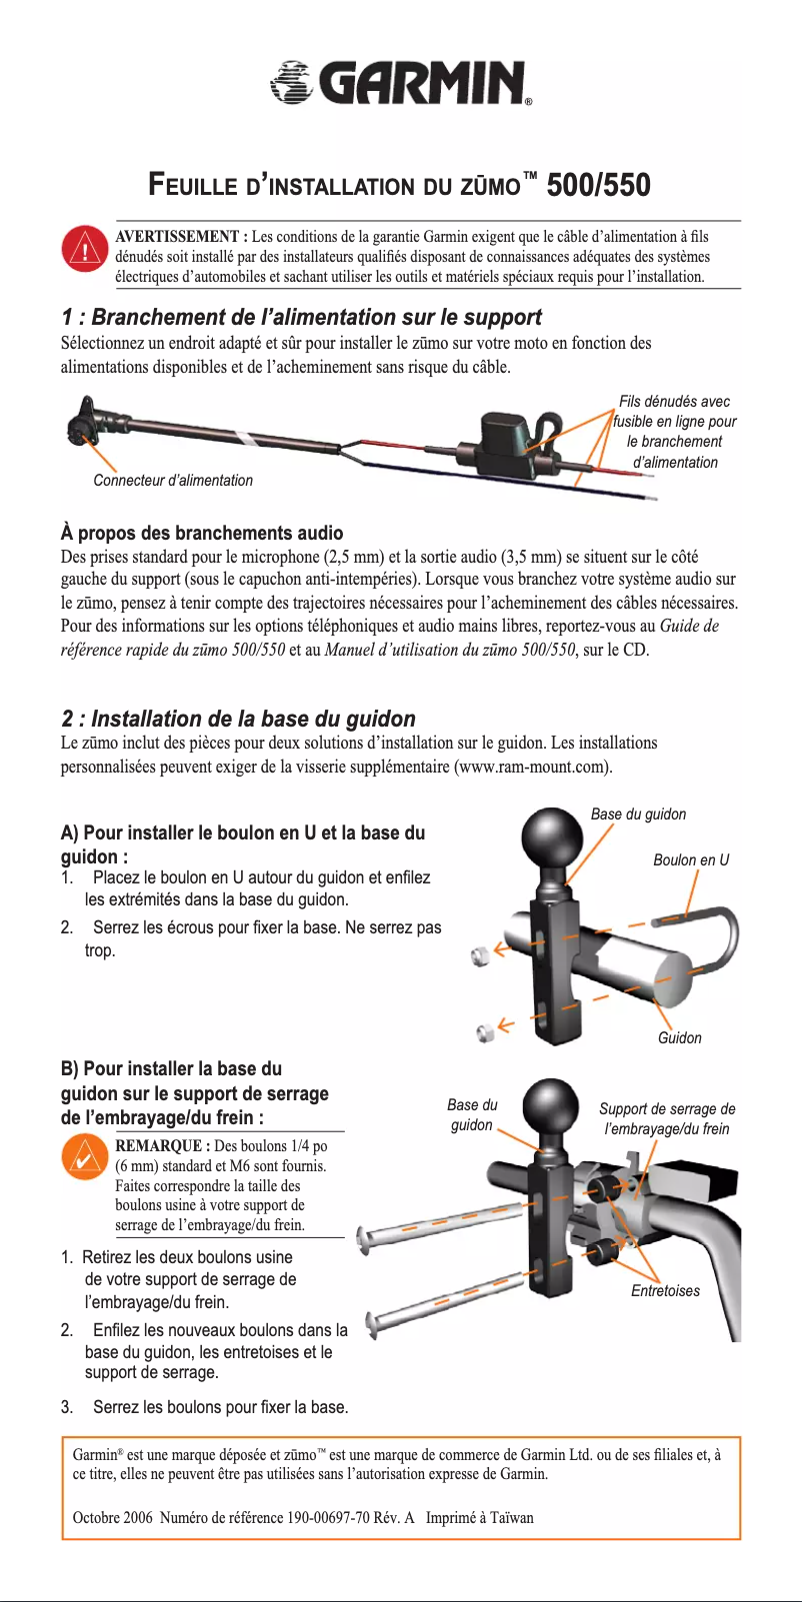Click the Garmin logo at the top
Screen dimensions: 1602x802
[x=400, y=83]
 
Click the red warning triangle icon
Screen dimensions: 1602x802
[x=85, y=250]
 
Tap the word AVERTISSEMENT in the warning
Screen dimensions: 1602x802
[x=176, y=237]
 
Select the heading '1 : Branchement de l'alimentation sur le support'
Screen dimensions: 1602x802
[x=300, y=318]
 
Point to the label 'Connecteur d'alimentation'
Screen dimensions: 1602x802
[x=173, y=481]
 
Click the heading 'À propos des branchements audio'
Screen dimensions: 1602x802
[x=201, y=534]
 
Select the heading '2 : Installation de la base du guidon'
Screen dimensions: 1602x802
[x=238, y=720]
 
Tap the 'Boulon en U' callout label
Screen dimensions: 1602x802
[x=690, y=860]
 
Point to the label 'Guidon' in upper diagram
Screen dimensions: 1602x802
[x=679, y=1038]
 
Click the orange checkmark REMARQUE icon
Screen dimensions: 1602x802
[x=85, y=1158]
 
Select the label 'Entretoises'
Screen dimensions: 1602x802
[x=665, y=1291]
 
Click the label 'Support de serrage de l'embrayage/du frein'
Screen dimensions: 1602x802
[x=667, y=1119]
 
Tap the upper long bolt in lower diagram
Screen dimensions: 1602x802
[x=440, y=1225]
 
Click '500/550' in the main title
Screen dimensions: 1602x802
[x=598, y=186]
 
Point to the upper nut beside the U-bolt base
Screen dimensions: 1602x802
[x=480, y=956]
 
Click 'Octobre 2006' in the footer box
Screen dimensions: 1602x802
[x=112, y=1518]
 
